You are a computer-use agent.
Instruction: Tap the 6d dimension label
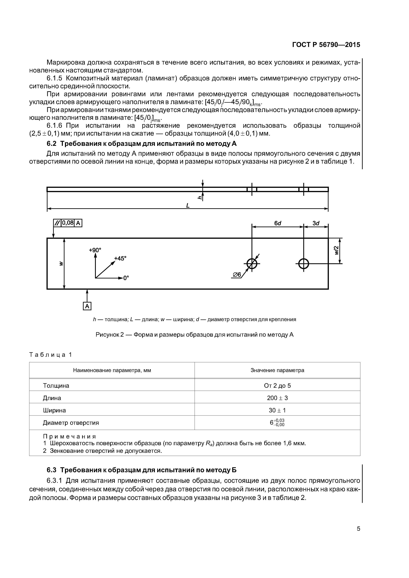coord(277,223)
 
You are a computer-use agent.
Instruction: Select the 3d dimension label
coord(316,223)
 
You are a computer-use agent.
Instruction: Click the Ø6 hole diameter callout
coord(237,275)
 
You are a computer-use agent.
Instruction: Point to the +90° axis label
coord(95,250)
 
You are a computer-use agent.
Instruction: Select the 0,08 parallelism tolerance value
coord(68,223)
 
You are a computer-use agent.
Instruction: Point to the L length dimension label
coord(188,206)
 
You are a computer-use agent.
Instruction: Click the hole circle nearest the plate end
coord(303,264)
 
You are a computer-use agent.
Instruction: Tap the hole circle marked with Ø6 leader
coord(252,264)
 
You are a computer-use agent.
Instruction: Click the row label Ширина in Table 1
coord(54,410)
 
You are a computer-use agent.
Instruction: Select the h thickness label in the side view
coord(200,198)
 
